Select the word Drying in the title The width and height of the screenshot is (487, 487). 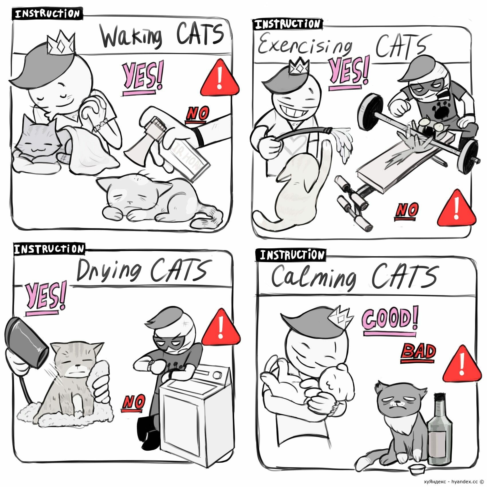(109, 271)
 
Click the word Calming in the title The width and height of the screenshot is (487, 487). (314, 277)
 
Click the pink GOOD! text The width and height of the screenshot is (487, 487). (390, 318)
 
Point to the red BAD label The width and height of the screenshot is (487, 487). (418, 352)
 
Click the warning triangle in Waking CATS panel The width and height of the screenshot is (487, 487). (220, 78)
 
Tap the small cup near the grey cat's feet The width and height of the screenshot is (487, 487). (416, 470)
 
